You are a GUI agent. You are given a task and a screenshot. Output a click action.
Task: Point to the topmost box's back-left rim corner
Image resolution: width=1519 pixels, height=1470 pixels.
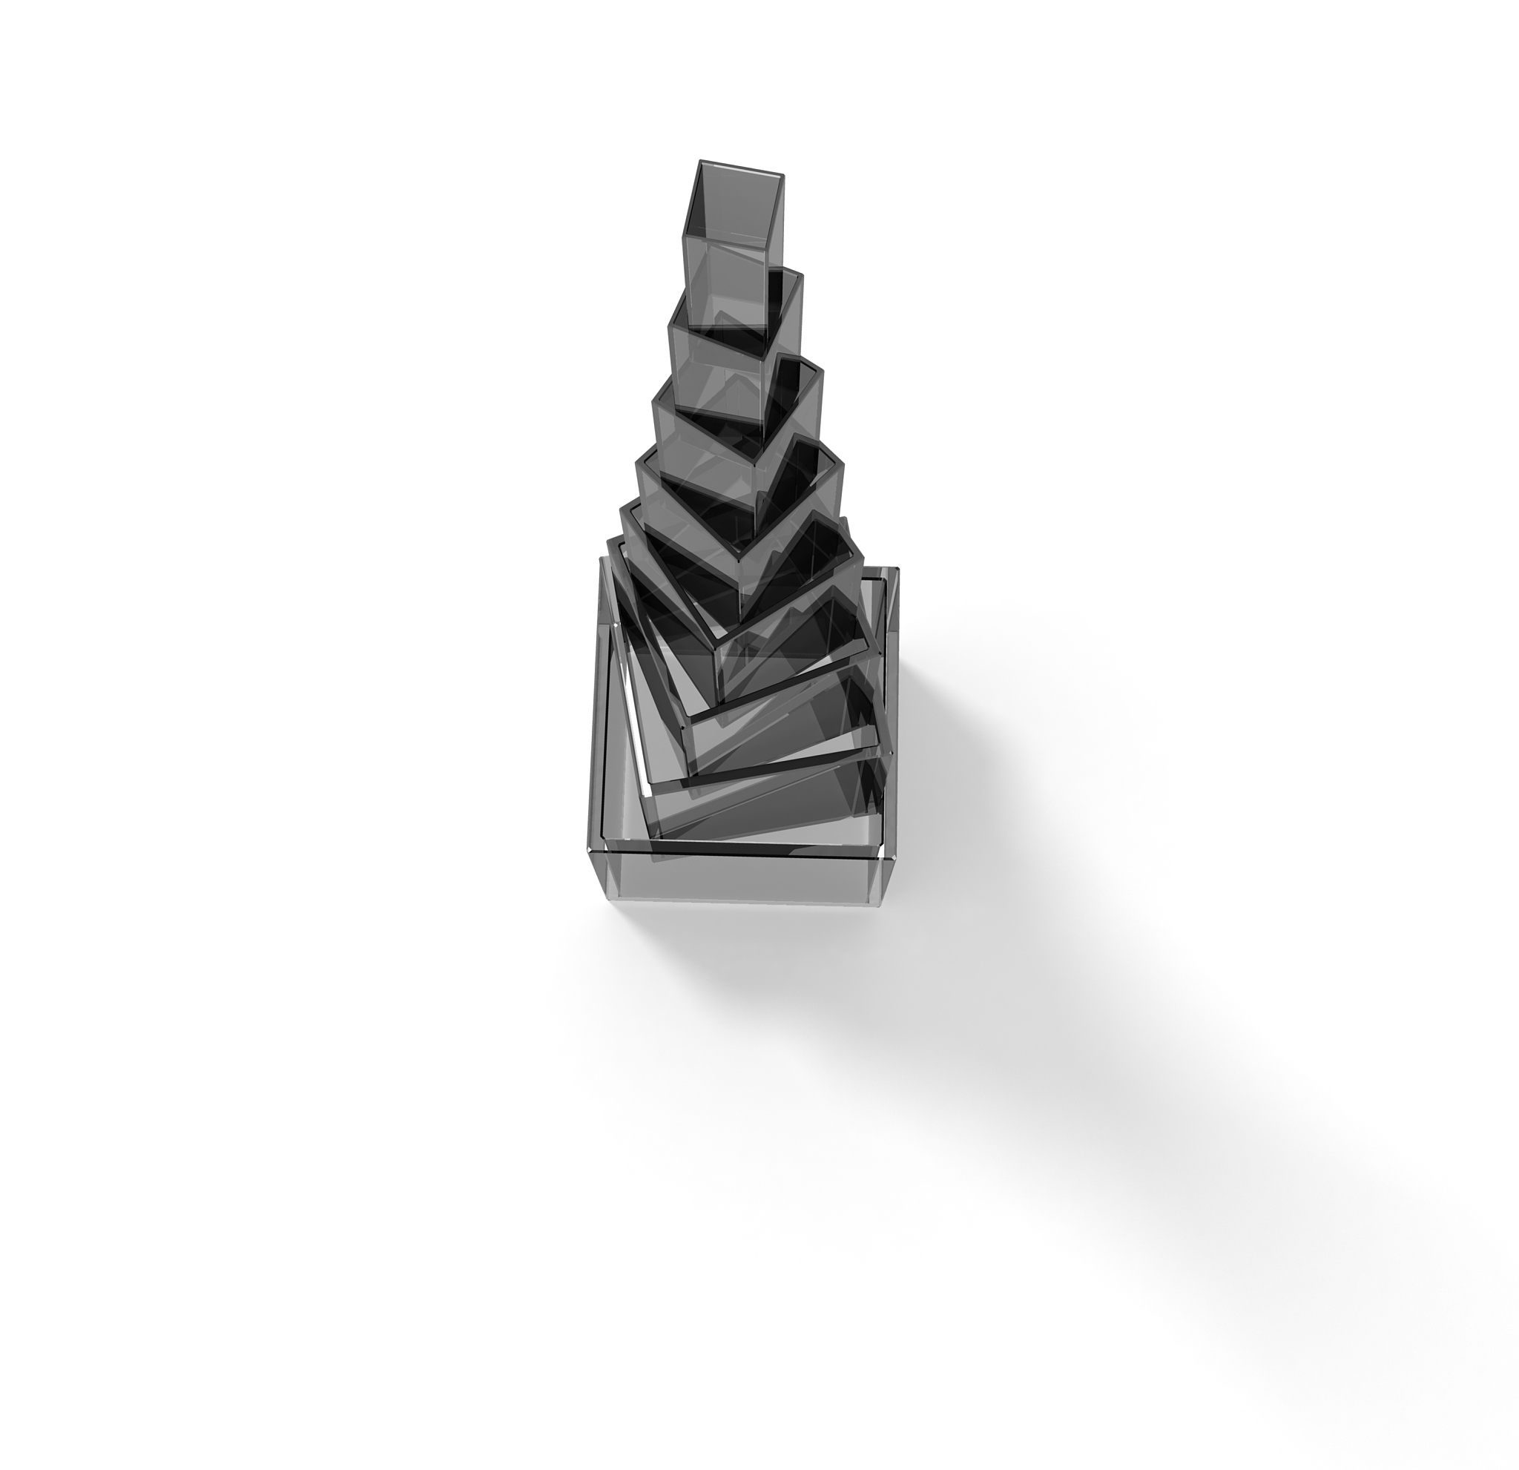pyautogui.click(x=702, y=162)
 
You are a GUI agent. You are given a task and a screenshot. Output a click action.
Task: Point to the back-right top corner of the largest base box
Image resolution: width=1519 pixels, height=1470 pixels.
pyautogui.click(x=897, y=570)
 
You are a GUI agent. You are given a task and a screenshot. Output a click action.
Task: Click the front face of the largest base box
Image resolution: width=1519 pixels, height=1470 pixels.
pyautogui.click(x=740, y=879)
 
